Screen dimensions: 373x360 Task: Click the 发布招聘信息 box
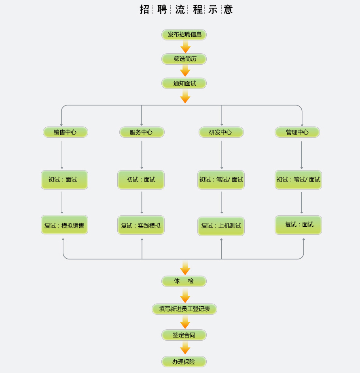click(184, 35)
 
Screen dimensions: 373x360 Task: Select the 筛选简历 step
click(184, 59)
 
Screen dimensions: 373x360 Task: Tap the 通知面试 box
click(184, 83)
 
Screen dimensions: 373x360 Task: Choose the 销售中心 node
click(66, 132)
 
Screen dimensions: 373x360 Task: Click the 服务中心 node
click(142, 132)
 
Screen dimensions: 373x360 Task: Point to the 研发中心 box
click(221, 132)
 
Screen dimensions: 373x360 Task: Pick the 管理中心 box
click(297, 132)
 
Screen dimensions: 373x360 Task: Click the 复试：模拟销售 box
click(64, 225)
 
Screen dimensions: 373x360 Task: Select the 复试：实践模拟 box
click(141, 225)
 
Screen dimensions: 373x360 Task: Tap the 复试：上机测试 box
click(221, 226)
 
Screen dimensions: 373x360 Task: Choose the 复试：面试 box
click(299, 225)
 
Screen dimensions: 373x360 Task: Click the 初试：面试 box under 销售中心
click(64, 180)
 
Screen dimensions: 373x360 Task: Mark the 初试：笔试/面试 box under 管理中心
click(299, 180)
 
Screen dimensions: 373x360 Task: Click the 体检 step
click(184, 281)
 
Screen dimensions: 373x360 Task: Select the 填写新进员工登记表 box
click(184, 309)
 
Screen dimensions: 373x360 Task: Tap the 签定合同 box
click(184, 335)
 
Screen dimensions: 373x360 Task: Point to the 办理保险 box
click(184, 362)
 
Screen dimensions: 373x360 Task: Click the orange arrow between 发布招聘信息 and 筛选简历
click(185, 47)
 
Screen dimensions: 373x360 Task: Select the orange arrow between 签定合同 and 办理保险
click(185, 348)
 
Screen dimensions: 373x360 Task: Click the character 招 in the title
click(144, 9)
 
